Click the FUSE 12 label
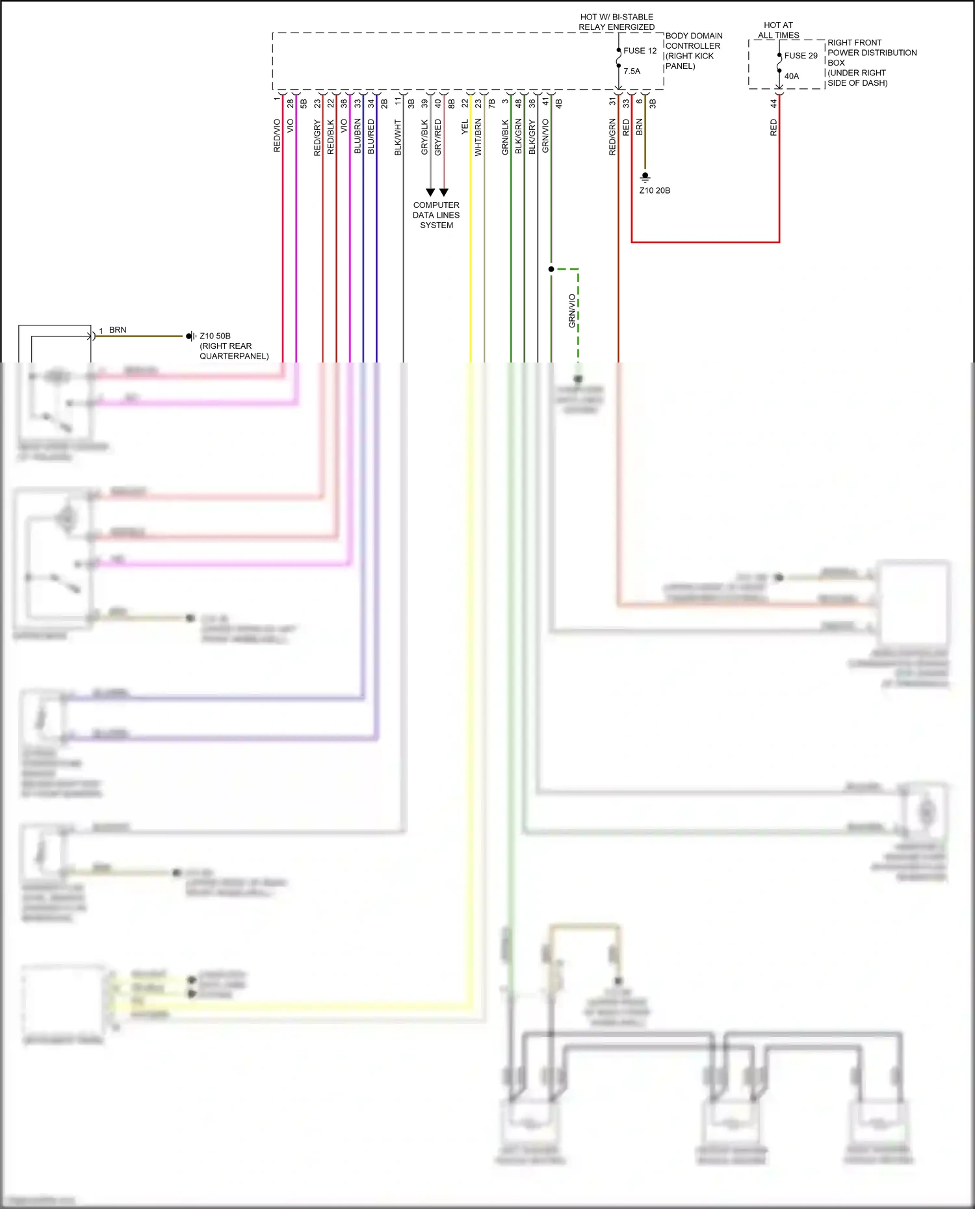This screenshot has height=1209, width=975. pyautogui.click(x=640, y=51)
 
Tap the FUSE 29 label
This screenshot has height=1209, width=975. pyautogui.click(x=800, y=56)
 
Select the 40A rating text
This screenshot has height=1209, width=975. pyautogui.click(x=791, y=76)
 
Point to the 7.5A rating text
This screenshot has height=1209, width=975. pyautogui.click(x=631, y=71)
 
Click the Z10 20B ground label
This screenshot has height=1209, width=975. pyautogui.click(x=654, y=190)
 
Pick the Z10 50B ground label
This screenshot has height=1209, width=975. pyautogui.click(x=214, y=336)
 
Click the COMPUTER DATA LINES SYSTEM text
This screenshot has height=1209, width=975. pyautogui.click(x=436, y=215)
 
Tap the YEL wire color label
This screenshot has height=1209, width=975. pyautogui.click(x=465, y=127)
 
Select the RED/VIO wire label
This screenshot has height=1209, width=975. pyautogui.click(x=277, y=136)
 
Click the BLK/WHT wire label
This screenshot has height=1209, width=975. pyautogui.click(x=398, y=137)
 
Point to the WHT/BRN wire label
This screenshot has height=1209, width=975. pyautogui.click(x=478, y=137)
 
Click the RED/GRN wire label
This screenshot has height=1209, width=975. pyautogui.click(x=612, y=137)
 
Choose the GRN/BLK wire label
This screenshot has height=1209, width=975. pyautogui.click(x=505, y=137)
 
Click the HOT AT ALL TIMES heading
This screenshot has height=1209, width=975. pyautogui.click(x=778, y=30)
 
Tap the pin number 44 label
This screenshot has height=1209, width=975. pyautogui.click(x=773, y=103)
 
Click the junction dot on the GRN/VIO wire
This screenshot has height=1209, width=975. pyautogui.click(x=551, y=269)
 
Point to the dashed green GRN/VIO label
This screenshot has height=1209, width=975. pyautogui.click(x=572, y=311)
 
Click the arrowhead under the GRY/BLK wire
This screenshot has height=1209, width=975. pyautogui.click(x=430, y=192)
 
